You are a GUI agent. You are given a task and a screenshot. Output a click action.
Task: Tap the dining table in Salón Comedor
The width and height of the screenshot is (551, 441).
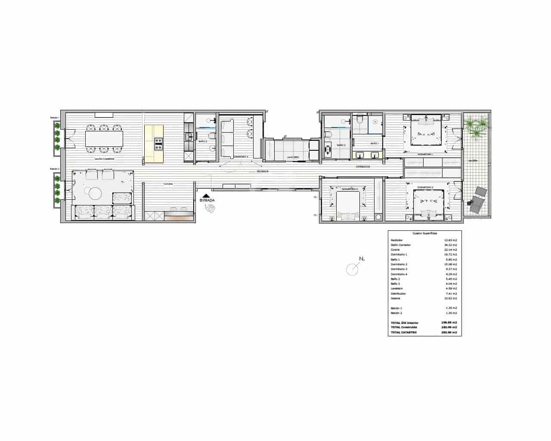pos(104,138)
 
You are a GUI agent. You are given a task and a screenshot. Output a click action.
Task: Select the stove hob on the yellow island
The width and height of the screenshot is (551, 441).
pos(158,143)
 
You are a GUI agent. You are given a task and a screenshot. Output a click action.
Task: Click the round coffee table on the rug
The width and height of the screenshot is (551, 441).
pos(95,194)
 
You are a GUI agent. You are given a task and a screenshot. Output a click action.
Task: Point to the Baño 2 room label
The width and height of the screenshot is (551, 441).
pos(341,145)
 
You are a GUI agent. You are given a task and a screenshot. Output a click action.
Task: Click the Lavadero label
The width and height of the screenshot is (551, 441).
pos(293,157)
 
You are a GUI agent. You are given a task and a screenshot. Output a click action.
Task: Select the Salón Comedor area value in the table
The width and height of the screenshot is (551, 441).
pos(450,245)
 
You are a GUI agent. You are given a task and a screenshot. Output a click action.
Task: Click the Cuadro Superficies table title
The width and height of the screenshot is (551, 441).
pos(424,233)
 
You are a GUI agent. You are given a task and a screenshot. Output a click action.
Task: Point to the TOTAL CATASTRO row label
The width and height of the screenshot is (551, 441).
pos(403,332)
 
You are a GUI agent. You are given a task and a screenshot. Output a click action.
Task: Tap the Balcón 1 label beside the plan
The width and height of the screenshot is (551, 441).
pos(54,118)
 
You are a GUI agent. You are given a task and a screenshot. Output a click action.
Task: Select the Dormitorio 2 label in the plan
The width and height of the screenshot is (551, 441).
pos(425,187)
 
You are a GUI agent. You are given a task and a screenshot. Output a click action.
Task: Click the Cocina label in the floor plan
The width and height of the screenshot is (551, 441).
pos(168,184)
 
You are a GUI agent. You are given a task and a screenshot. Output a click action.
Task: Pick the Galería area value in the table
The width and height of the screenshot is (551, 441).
pos(450,298)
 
